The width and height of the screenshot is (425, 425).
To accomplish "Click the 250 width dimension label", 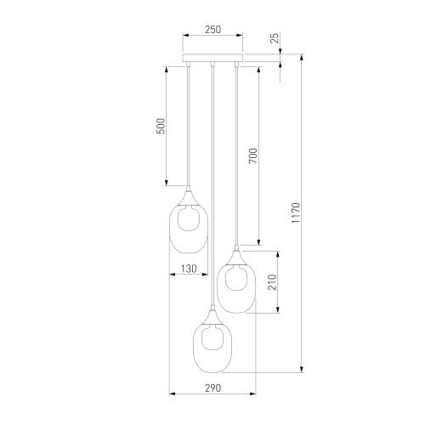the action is click(212, 30).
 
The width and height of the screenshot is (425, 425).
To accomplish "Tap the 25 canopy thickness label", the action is click(275, 38).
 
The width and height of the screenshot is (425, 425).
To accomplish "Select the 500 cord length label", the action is click(161, 126).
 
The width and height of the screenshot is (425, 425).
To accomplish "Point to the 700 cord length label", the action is click(252, 156).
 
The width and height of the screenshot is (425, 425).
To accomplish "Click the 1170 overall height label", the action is click(296, 212).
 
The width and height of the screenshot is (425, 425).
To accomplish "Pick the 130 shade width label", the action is click(189, 269).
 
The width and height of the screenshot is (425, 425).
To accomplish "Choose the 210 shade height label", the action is click(272, 282).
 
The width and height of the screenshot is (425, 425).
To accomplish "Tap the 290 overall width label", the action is click(212, 388).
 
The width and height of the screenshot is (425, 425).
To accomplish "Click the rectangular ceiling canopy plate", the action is click(212, 58).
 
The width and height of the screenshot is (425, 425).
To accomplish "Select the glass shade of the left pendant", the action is click(170, 229).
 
